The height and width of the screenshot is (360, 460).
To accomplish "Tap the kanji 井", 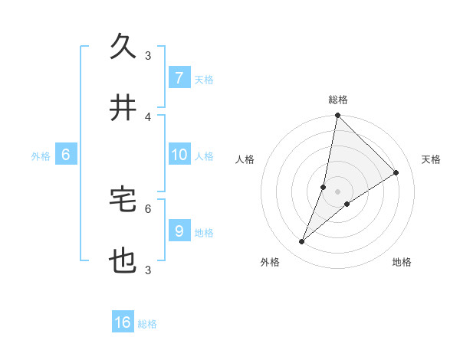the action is point(123,107).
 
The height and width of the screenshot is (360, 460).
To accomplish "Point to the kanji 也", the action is point(123,261).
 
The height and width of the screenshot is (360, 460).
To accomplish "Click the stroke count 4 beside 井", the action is point(148,116).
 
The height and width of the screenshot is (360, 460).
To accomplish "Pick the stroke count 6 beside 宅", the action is point(148,208).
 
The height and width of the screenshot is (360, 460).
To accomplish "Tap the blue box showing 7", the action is point(179,77).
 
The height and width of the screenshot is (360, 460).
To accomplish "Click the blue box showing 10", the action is point(179,155).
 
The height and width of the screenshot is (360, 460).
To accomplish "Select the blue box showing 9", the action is point(179,231).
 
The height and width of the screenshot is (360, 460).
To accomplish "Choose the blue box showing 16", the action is point(123,322).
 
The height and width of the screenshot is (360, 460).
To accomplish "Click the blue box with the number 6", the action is point(66,155).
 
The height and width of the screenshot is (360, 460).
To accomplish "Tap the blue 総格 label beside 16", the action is point(147,324).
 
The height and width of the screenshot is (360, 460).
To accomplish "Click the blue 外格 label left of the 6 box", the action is point(41,156).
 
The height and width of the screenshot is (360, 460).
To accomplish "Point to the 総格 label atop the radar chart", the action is point(337,100).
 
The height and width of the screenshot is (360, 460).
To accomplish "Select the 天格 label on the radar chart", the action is point(432,159).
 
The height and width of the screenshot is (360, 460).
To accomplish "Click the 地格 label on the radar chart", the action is point(402,262).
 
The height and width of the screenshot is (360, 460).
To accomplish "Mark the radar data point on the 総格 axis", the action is point(337,116).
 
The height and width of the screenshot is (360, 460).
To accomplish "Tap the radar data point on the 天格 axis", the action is point(396,172).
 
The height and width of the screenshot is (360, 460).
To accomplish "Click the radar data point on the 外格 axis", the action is point(302,242).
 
